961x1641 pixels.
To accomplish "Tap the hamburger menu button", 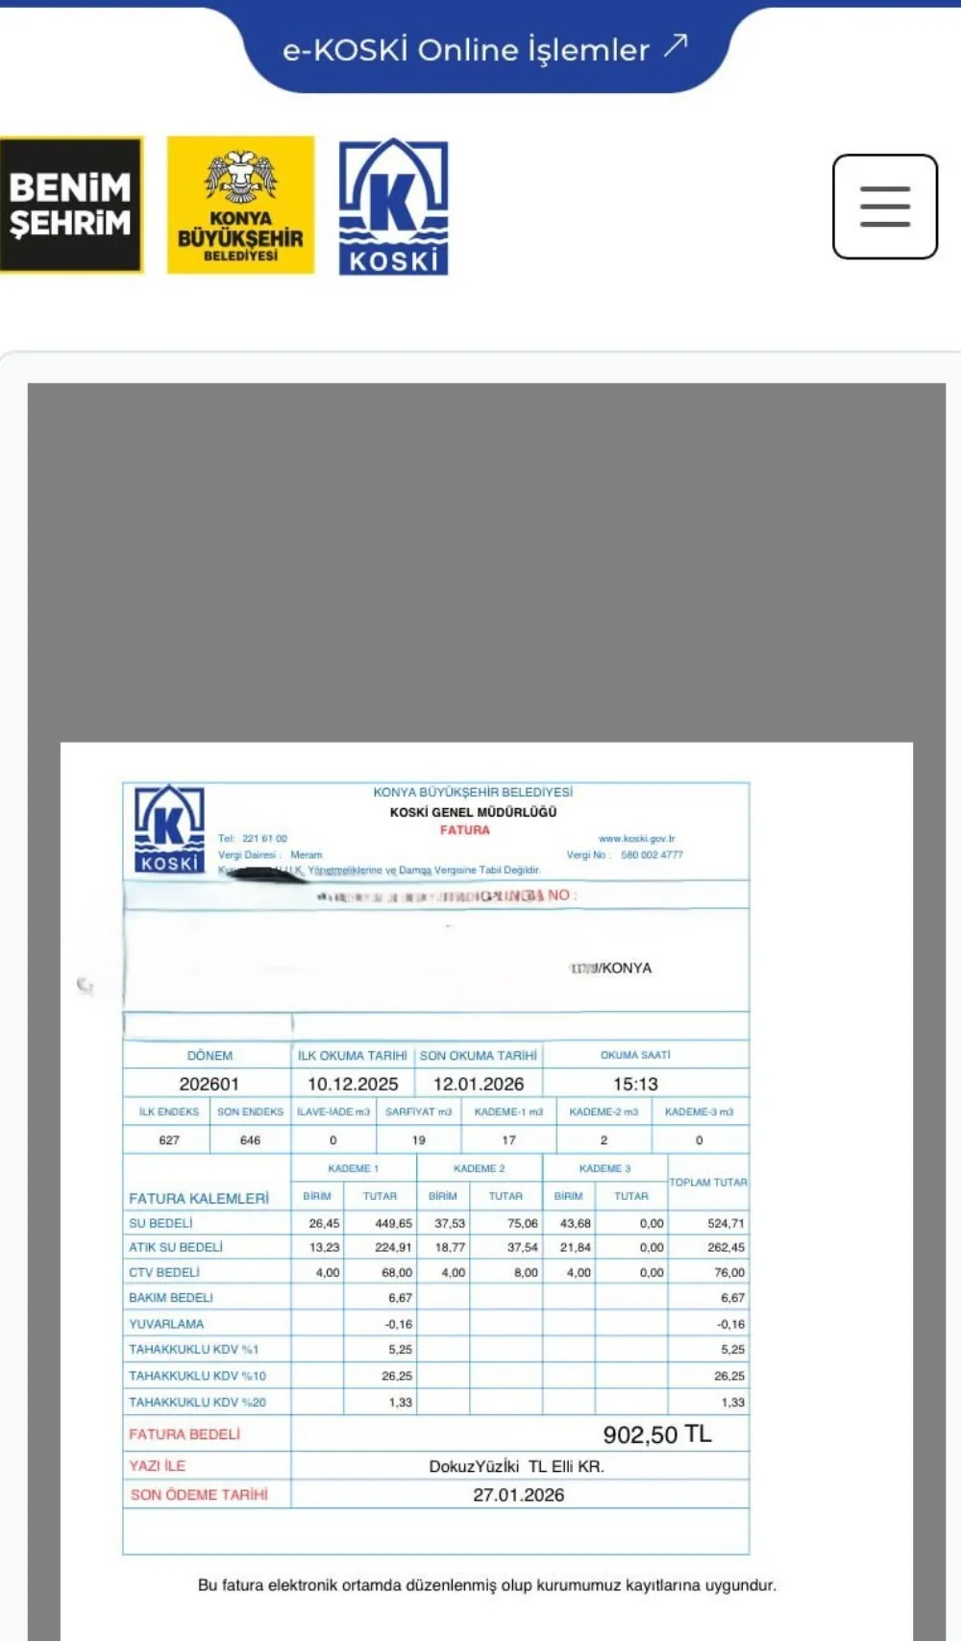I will pos(884,207).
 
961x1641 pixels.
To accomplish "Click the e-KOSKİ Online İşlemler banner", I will pos(485,49).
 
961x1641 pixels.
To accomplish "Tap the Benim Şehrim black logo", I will pos(70,205).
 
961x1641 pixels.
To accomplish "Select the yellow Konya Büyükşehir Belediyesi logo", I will pos(240,205).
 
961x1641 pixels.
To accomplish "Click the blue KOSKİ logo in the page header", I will pos(393,207).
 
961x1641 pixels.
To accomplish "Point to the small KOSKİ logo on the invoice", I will pos(169,829).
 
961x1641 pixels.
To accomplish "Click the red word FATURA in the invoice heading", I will pos(465,830).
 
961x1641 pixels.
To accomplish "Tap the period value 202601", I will pos(209,1084).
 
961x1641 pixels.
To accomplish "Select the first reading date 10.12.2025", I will pos(353,1084).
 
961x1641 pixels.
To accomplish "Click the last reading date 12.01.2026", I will pos(479,1084).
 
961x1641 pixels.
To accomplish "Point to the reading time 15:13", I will pos(635,1084).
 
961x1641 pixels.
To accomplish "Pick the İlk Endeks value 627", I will pos(169,1140).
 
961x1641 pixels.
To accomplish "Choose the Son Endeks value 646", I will pos(250,1140).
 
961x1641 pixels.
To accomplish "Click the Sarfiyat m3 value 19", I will pos(419,1140).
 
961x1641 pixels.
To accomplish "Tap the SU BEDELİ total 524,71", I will pos(726,1224).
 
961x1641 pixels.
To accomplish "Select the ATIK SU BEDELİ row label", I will pos(176,1247).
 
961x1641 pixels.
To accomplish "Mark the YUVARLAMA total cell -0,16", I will pos(730,1324).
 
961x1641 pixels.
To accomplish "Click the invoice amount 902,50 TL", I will pos(657,1435).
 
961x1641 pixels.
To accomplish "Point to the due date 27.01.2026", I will pos(518,1495).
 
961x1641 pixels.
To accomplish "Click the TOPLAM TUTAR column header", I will pos(708,1183).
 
